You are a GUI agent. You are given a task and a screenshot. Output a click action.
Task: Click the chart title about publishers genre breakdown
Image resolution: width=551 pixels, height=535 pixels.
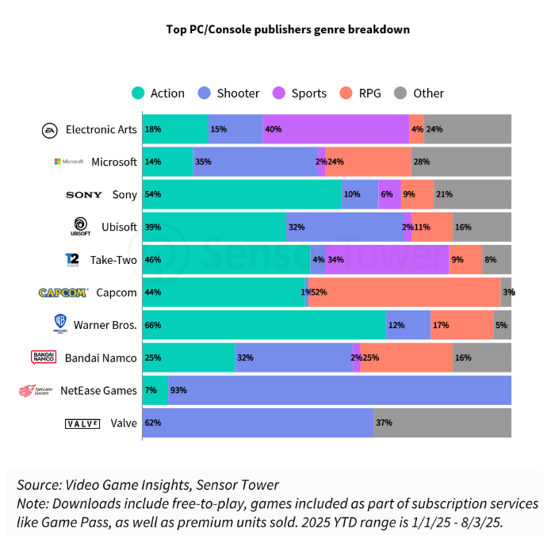[x=288, y=29]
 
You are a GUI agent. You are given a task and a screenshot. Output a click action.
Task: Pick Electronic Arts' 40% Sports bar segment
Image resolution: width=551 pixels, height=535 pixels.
[x=335, y=129]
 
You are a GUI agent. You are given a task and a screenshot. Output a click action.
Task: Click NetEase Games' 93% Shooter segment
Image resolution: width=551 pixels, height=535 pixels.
[x=339, y=390]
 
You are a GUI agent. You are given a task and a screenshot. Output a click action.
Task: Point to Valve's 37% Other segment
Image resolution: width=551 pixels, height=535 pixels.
[x=442, y=422]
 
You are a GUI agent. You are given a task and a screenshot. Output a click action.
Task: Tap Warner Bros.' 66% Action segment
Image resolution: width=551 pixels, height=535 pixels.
[x=263, y=325]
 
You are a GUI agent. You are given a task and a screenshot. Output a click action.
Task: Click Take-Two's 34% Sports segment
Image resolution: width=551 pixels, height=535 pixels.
[x=387, y=259]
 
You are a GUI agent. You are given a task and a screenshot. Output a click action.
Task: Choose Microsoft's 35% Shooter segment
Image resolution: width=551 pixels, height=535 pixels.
[x=255, y=162]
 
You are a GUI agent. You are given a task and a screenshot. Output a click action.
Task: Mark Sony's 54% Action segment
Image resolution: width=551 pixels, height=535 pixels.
[x=242, y=194]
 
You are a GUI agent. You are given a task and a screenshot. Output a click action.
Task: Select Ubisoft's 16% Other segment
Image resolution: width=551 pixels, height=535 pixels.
[x=482, y=227]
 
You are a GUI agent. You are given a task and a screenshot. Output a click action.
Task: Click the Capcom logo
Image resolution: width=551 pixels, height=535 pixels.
[x=63, y=292]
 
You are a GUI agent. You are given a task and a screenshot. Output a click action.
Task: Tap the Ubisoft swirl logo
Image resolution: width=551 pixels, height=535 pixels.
[x=80, y=225]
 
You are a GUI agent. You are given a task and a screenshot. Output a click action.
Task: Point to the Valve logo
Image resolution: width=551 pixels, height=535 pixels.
[x=82, y=423]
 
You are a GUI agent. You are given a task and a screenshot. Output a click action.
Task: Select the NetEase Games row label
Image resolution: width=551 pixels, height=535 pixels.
[x=98, y=390]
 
